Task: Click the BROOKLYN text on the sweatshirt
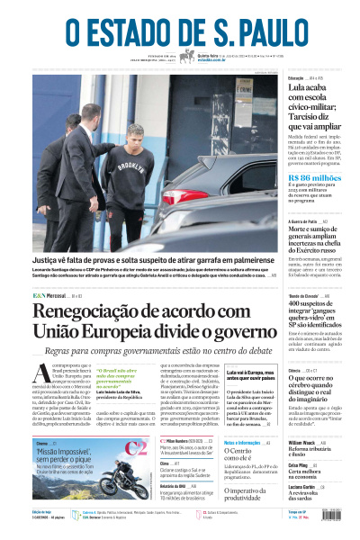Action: [x=131, y=166]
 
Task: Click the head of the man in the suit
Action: [x=90, y=114]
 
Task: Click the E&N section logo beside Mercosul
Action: [x=40, y=296]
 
